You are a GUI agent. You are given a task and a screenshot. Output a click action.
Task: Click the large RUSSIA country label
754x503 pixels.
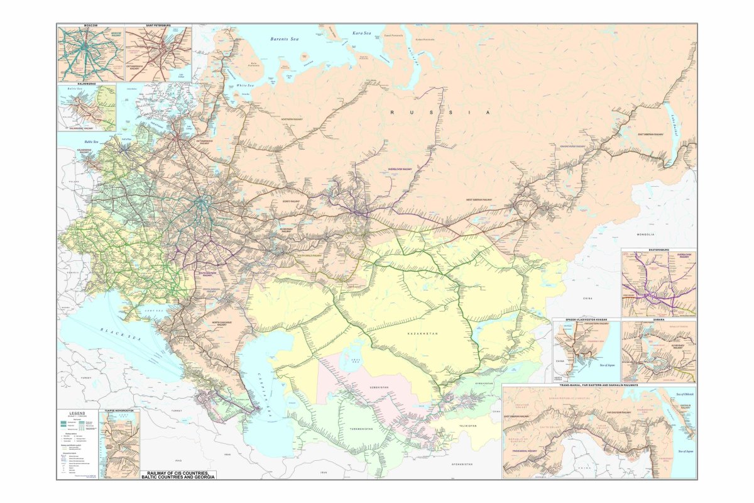439,112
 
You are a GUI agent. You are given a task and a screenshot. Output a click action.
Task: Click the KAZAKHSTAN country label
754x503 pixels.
420,333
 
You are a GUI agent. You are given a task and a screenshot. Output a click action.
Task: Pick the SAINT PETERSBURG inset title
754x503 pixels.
158,26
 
